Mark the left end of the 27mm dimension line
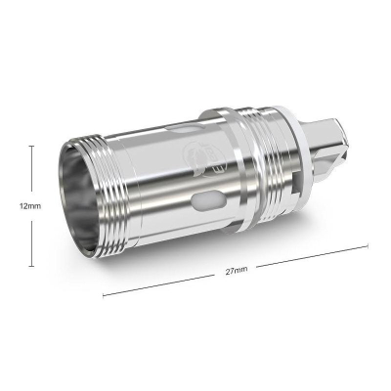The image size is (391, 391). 105,292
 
